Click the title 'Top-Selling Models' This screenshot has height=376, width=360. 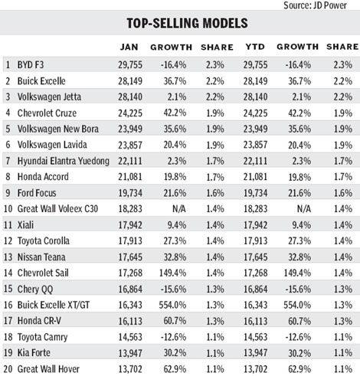click(180, 22)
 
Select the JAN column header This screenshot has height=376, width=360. click(129, 47)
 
